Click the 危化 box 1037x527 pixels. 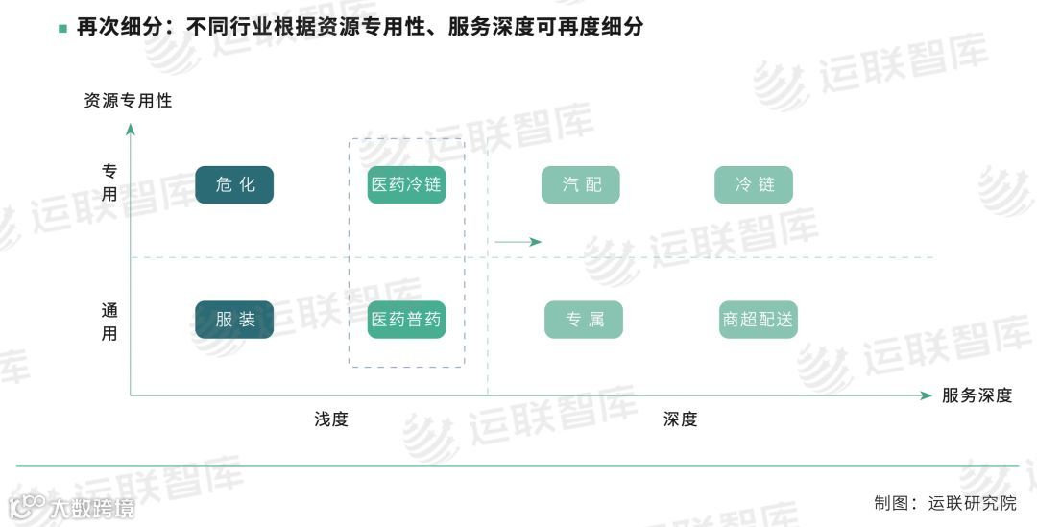[x=234, y=185]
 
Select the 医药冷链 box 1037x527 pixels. [x=406, y=185]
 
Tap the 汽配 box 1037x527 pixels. [x=580, y=185]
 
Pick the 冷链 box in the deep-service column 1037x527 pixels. [x=753, y=185]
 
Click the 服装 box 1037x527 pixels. [x=234, y=320]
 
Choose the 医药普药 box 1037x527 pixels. [x=406, y=320]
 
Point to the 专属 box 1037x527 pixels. [x=583, y=320]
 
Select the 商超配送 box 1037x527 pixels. [x=758, y=320]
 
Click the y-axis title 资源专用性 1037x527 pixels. [x=128, y=100]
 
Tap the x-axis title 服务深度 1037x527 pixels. [x=977, y=395]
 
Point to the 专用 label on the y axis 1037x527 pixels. [x=110, y=182]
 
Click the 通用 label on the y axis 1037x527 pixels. [x=110, y=322]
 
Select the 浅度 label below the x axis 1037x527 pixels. [x=331, y=419]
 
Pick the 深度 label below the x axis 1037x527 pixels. [x=680, y=419]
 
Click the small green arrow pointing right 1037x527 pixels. [x=518, y=242]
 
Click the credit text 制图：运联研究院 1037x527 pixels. [x=945, y=502]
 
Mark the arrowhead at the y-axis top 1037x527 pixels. [x=131, y=130]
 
